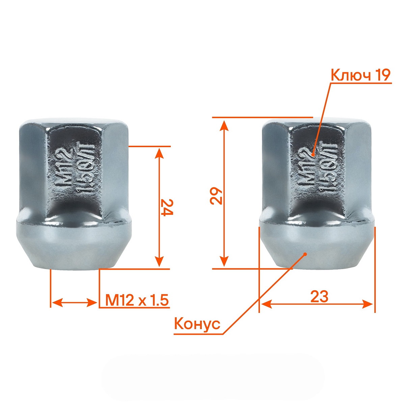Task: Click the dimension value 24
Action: pos(166,207)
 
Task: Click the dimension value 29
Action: pos(217,196)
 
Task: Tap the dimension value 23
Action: pos(319,297)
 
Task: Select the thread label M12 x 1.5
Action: pos(137,300)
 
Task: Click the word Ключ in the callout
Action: pos(349,76)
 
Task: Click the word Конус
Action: pos(197,324)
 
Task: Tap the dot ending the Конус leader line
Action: pos(305,254)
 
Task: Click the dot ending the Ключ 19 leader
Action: pos(313,155)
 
